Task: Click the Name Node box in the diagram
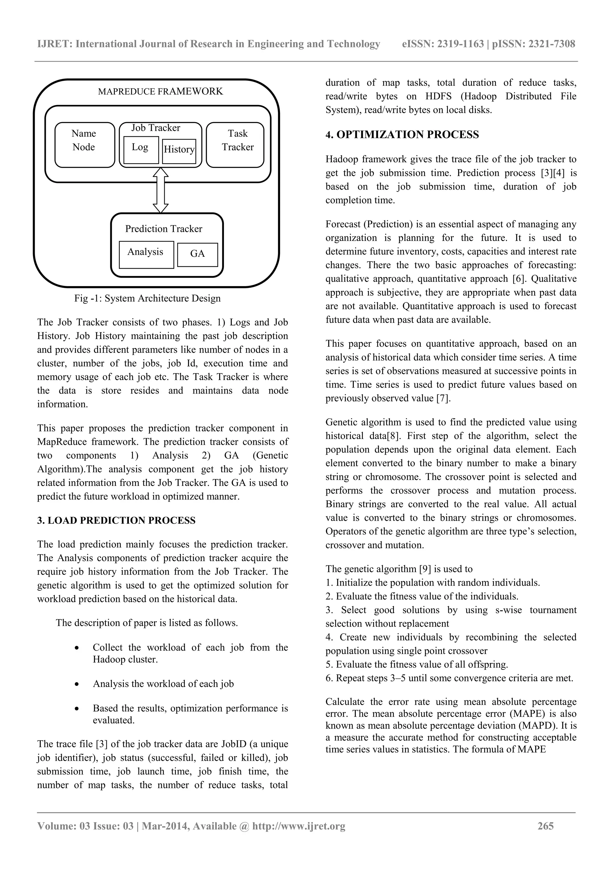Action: pyautogui.click(x=84, y=145)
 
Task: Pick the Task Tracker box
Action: pyautogui.click(x=235, y=145)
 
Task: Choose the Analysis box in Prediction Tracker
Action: pyautogui.click(x=146, y=254)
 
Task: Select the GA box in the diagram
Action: pyautogui.click(x=198, y=254)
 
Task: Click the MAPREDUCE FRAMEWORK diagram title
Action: pyautogui.click(x=160, y=91)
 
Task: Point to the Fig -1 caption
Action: pyautogui.click(x=147, y=298)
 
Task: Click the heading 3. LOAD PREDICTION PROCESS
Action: pyautogui.click(x=116, y=520)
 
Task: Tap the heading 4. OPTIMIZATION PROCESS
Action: pyautogui.click(x=402, y=135)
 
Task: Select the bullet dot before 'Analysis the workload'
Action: pyautogui.click(x=77, y=684)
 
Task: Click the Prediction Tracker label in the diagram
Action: pyautogui.click(x=164, y=229)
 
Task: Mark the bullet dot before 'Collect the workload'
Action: pyautogui.click(x=77, y=648)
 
